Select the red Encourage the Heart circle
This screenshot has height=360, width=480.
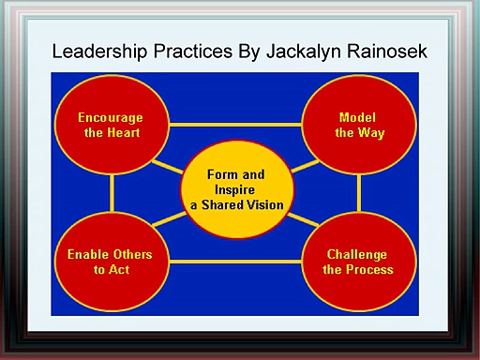(x=111, y=125)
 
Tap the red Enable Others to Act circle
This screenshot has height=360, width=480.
(x=111, y=262)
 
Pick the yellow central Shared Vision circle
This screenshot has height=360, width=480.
(x=234, y=190)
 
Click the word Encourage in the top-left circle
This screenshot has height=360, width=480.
(x=111, y=118)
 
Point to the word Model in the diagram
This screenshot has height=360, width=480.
(x=359, y=118)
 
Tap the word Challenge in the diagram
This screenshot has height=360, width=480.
(x=357, y=255)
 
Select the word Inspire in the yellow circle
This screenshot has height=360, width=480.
(x=235, y=189)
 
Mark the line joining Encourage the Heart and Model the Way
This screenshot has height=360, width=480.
(x=234, y=124)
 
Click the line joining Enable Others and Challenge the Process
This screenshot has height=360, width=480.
(x=234, y=261)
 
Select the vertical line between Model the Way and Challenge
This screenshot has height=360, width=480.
(x=360, y=193)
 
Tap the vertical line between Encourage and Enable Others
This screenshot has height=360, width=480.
(x=111, y=193)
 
